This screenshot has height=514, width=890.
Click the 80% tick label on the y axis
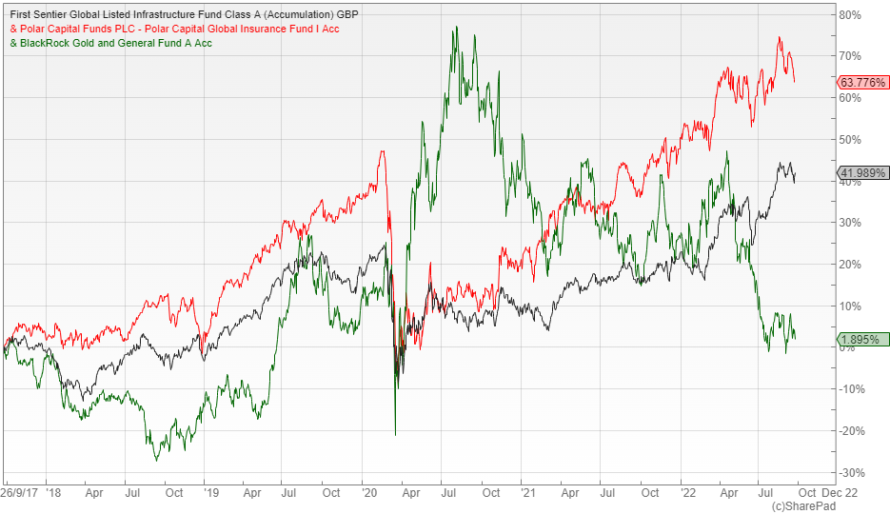pos(850,15)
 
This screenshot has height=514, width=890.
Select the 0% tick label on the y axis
pos(848,348)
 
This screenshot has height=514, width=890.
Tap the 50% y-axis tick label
pos(850,140)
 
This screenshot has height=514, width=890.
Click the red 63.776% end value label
pos(862,83)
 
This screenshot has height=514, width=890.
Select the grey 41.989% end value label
pos(862,173)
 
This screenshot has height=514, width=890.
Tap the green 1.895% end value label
pos(862,340)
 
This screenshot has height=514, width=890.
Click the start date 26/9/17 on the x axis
pos(19,494)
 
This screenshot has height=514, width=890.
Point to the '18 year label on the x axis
pos(51,494)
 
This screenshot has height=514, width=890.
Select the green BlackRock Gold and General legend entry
pos(110,43)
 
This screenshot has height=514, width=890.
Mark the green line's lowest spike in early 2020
pos(395,435)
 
